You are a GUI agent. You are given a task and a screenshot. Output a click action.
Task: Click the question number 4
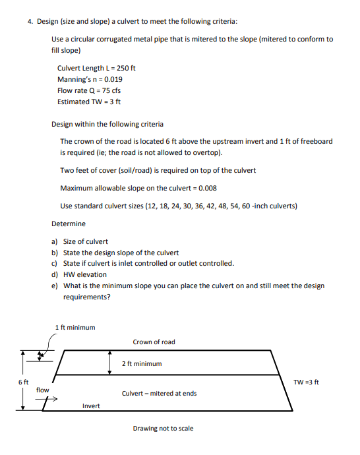click(30, 21)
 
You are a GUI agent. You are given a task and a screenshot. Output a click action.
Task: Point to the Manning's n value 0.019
click(111, 79)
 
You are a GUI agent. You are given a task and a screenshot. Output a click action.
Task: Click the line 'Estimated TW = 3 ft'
click(89, 102)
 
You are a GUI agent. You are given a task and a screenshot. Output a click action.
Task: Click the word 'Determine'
click(68, 224)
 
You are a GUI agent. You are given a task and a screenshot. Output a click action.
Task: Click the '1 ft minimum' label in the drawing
click(75, 327)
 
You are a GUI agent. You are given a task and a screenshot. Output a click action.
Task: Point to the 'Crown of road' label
click(154, 342)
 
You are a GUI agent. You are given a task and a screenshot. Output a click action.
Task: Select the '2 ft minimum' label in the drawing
click(142, 363)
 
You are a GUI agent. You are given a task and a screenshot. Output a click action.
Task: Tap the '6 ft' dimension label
click(23, 382)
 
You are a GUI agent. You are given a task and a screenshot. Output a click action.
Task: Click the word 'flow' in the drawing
click(42, 390)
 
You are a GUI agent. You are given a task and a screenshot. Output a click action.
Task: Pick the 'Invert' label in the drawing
click(91, 406)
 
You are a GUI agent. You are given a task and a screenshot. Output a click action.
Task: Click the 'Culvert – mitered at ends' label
click(159, 394)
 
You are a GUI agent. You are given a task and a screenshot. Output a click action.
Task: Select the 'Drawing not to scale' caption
click(163, 429)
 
